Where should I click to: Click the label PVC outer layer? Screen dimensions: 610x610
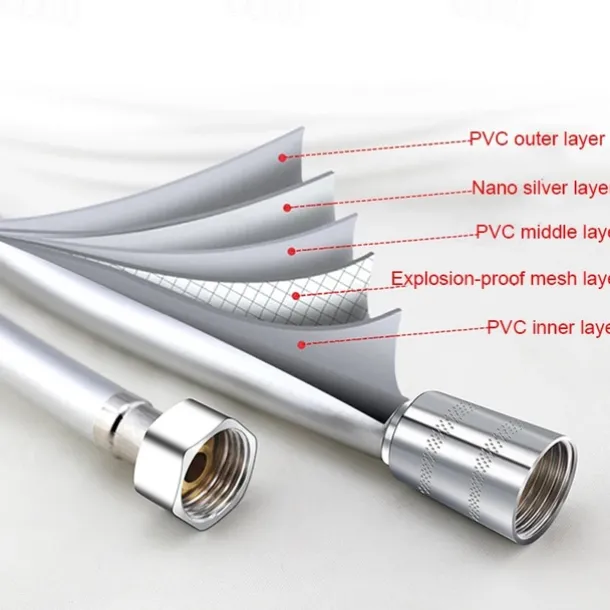coord(537,140)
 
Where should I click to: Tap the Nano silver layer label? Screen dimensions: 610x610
coord(540,187)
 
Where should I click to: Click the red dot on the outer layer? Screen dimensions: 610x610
coord(284,157)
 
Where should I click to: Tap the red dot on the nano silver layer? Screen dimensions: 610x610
coord(287,208)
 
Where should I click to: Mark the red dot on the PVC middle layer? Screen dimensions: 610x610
coord(291,250)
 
